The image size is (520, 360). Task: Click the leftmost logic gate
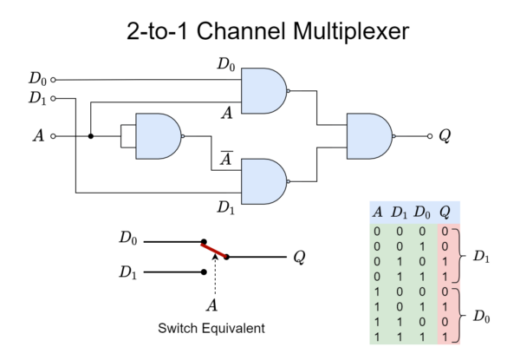click(x=158, y=136)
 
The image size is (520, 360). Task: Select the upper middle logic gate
click(x=263, y=91)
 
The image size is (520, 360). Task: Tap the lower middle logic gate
click(x=263, y=181)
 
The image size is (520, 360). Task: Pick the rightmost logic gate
click(x=369, y=136)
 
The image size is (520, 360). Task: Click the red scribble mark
click(x=213, y=251)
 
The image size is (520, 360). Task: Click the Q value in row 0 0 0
click(x=445, y=232)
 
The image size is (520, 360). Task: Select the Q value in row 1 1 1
click(x=445, y=336)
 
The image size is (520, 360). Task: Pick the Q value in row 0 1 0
click(x=445, y=262)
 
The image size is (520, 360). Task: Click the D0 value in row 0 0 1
click(x=421, y=247)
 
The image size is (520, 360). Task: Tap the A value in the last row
click(x=377, y=336)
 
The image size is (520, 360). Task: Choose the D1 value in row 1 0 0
click(x=399, y=291)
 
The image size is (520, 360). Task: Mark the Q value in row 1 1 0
click(x=445, y=321)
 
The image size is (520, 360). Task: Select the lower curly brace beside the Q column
click(x=457, y=313)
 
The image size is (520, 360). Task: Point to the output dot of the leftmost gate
click(x=183, y=136)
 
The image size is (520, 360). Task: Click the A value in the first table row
click(x=377, y=232)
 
